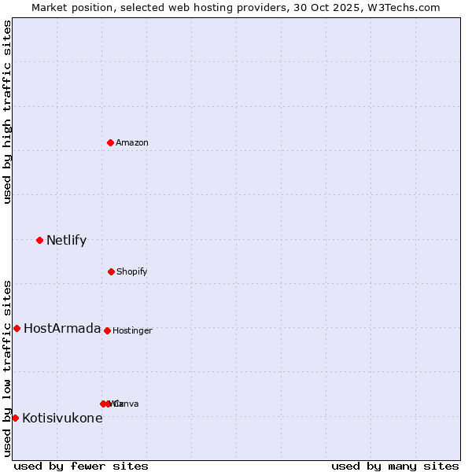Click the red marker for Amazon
click(111, 142)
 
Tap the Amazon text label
click(132, 142)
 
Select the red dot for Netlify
click(39, 240)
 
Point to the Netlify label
click(66, 240)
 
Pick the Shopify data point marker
click(111, 271)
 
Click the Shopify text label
click(132, 271)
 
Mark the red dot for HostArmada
click(17, 328)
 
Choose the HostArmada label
click(62, 328)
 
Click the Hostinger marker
click(107, 330)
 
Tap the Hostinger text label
click(132, 330)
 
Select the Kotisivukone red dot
click(15, 418)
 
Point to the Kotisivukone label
click(62, 418)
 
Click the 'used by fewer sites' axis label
click(81, 466)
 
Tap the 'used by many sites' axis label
click(395, 466)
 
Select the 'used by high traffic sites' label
click(7, 112)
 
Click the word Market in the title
click(51, 7)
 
